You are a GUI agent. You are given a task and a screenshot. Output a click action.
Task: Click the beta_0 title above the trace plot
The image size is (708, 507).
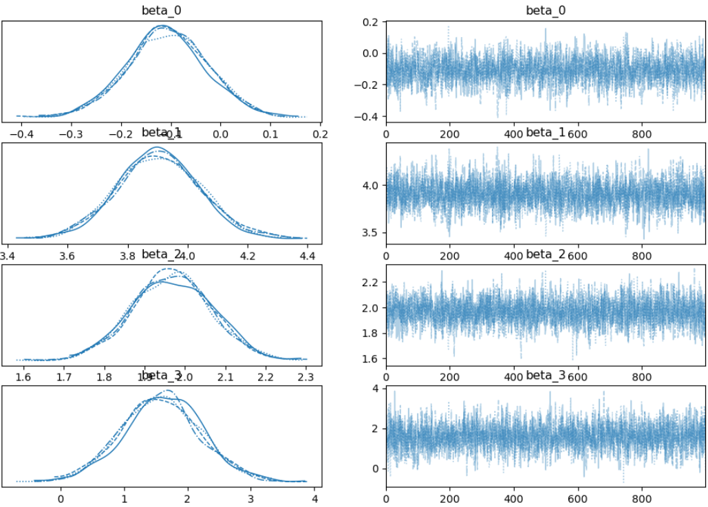546,11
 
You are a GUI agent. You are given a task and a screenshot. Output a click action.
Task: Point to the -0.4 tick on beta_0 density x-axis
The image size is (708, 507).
19,134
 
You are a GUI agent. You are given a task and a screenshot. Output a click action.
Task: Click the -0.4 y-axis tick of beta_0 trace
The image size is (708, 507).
369,116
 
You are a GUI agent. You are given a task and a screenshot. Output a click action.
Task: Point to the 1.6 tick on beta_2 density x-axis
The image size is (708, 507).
23,377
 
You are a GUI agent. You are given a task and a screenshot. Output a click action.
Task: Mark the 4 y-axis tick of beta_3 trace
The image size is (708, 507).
376,389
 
